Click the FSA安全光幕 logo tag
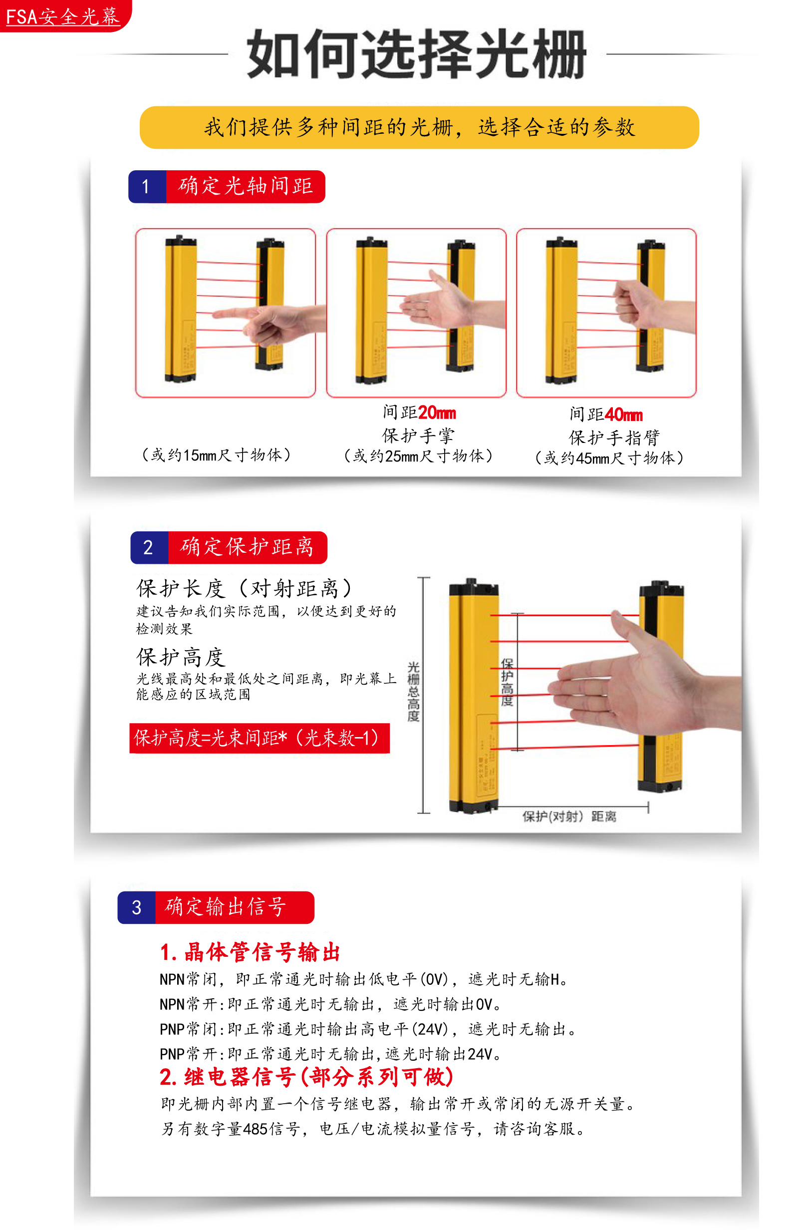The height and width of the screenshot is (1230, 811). click(x=65, y=15)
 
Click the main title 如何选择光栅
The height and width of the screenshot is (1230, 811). click(x=416, y=53)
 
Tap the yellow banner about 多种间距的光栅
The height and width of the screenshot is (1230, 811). click(x=419, y=127)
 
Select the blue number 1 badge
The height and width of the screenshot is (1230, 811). click(x=147, y=186)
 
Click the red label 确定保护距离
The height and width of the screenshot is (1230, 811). click(x=247, y=547)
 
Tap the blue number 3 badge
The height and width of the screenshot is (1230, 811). click(x=137, y=907)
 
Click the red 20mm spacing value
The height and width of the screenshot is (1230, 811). click(x=437, y=412)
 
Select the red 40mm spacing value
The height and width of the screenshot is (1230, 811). click(x=624, y=414)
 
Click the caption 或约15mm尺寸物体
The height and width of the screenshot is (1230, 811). click(x=216, y=455)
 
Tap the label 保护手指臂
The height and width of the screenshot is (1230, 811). click(x=614, y=438)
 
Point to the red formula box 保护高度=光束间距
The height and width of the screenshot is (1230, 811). click(x=259, y=738)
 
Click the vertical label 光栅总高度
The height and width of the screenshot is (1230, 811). click(x=413, y=691)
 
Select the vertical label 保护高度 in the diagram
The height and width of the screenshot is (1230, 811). click(x=507, y=682)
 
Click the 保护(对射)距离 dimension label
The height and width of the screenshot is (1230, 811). click(x=569, y=816)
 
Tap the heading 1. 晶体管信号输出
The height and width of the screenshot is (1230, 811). click(x=250, y=952)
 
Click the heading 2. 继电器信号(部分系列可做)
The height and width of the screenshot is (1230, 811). click(x=306, y=1077)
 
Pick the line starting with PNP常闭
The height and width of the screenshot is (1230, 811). click(x=368, y=1029)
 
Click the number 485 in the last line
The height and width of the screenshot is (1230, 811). click(x=255, y=1129)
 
